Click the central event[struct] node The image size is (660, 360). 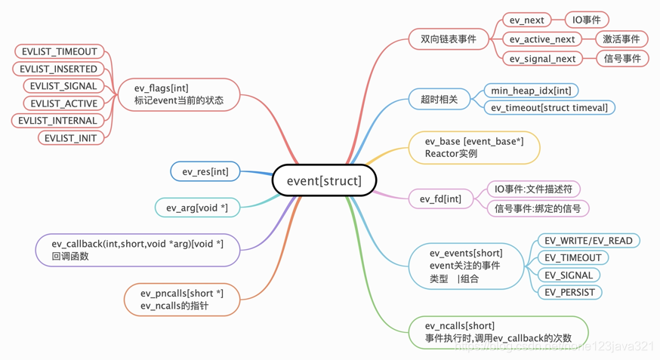pos(324,180)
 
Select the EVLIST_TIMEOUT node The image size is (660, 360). pos(59,51)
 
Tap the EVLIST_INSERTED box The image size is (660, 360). pos(59,69)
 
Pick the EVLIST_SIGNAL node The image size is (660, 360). pos(63,86)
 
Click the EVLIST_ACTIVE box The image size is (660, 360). pos(63,103)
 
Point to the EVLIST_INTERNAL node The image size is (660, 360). pos(58,121)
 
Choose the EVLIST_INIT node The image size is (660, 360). pos(70,138)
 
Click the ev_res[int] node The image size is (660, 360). pos(205,172)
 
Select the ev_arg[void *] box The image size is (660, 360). pos(197,208)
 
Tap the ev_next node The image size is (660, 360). pos(526,20)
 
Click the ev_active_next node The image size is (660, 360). pos(541,39)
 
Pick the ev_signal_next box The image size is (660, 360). pos(542,59)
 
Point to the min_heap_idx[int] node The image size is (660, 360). pos(531,91)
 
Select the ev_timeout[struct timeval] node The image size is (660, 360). pos(549,108)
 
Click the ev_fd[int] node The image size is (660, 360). pos(440,199)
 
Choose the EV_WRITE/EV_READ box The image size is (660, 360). pos(588,241)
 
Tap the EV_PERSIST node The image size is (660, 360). pos(569,292)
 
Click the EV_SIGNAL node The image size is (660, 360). pos(569,275)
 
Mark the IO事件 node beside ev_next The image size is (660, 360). pos(587,20)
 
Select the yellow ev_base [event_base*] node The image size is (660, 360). pos(473,147)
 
